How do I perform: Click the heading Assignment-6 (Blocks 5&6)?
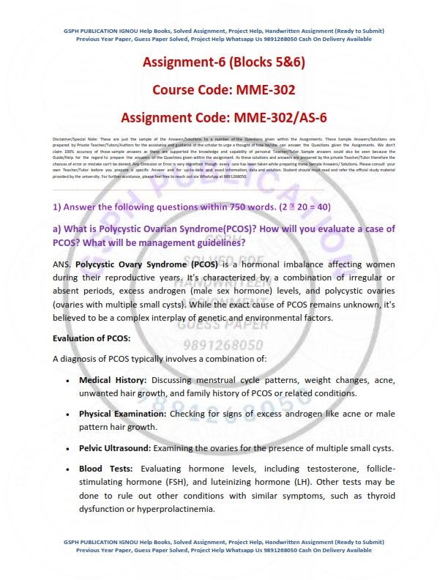coord(223,62)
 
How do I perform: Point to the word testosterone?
coord(323,468)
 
